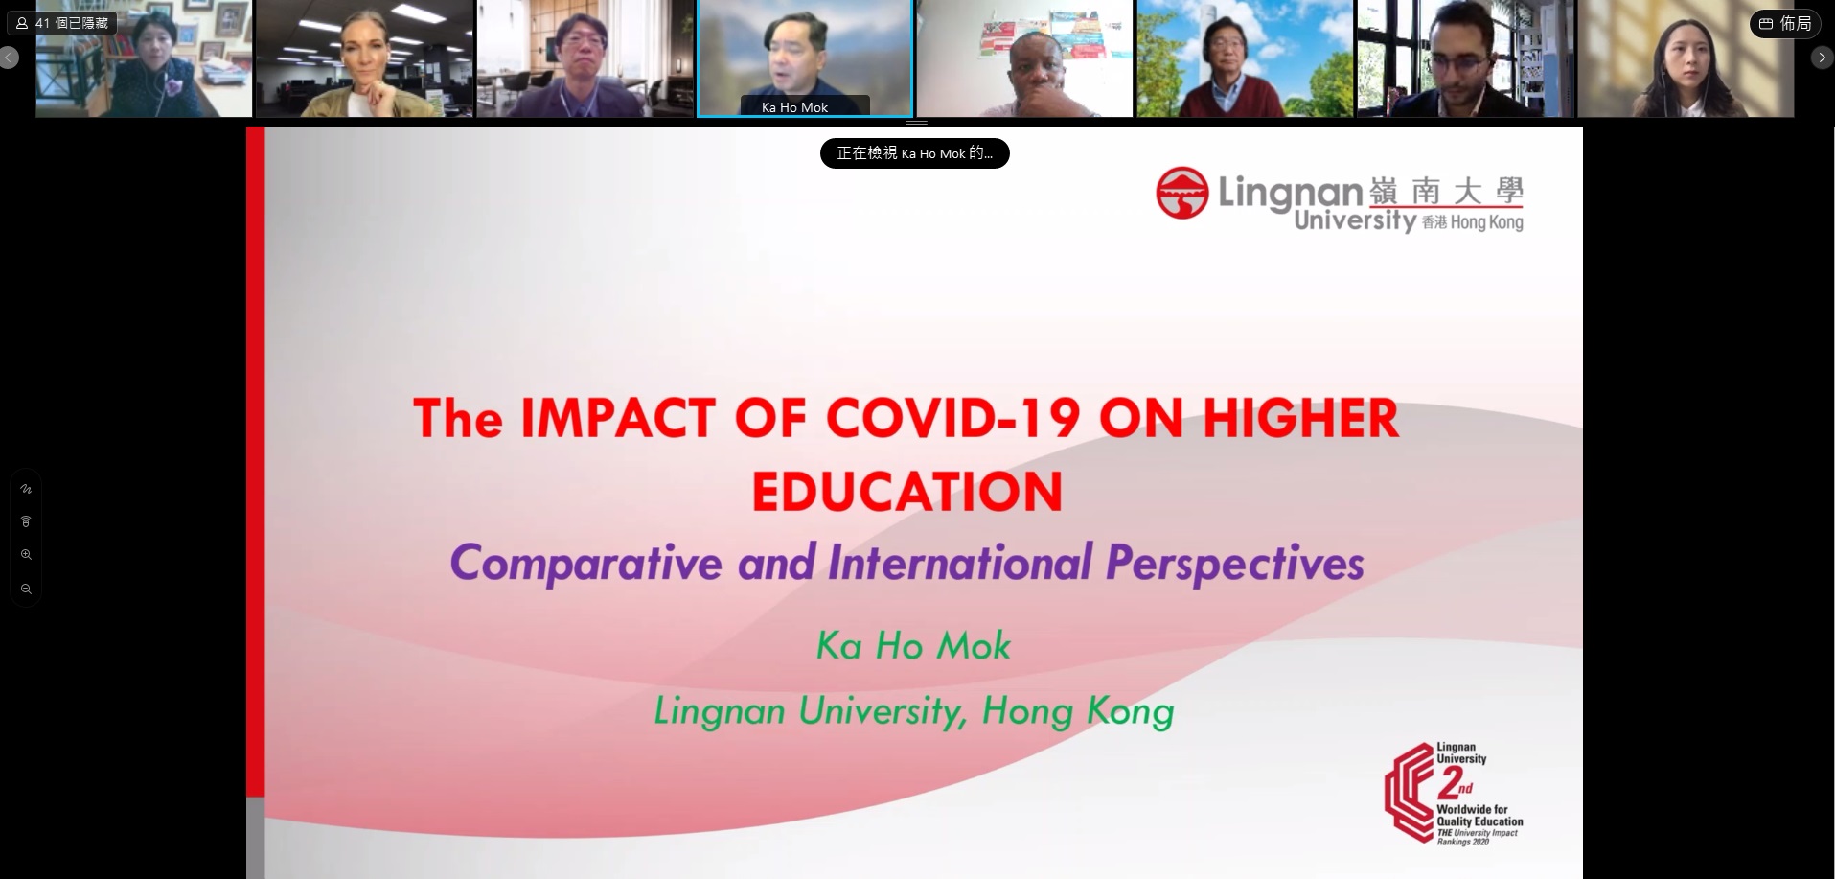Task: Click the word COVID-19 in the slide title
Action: tap(952, 419)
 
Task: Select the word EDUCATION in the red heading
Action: tap(907, 492)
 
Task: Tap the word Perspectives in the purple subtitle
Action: tap(1235, 564)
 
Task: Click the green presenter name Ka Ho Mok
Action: tap(913, 646)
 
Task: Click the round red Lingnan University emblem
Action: tap(1181, 193)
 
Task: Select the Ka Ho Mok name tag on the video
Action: tap(794, 107)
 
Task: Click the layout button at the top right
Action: tap(1784, 24)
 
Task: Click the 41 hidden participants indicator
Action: tap(62, 22)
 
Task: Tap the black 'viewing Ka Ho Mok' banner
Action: tap(914, 153)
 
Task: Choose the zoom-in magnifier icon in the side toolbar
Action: tap(26, 555)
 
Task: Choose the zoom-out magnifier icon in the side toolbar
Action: tap(26, 590)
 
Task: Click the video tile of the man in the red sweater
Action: tap(1244, 58)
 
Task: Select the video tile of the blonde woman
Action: tap(364, 58)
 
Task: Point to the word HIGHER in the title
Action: tap(1300, 419)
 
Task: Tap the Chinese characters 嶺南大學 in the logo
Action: tap(1446, 192)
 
